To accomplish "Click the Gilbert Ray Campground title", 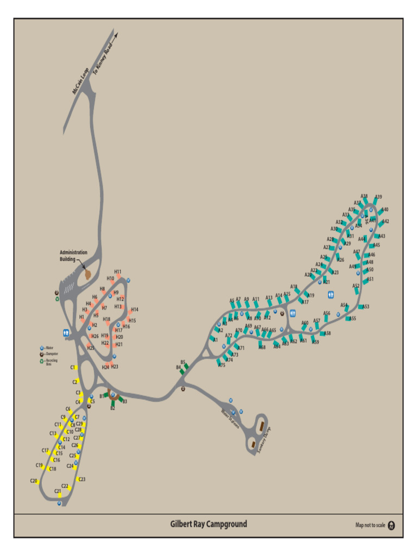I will [208, 524].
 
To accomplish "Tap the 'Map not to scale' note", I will [370, 525].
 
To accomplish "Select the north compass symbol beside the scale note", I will [392, 525].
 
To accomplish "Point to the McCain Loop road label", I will [80, 81].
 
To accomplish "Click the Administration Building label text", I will [73, 256].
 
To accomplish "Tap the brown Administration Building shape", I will [88, 274].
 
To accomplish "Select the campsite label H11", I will [118, 271].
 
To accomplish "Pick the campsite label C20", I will [34, 481].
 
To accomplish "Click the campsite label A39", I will [378, 197].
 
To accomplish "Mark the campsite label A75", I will [222, 365].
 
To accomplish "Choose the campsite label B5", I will [183, 362].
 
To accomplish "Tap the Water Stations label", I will [230, 419].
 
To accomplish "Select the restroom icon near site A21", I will [331, 294].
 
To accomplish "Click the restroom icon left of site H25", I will [66, 332].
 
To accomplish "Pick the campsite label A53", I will [366, 307].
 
